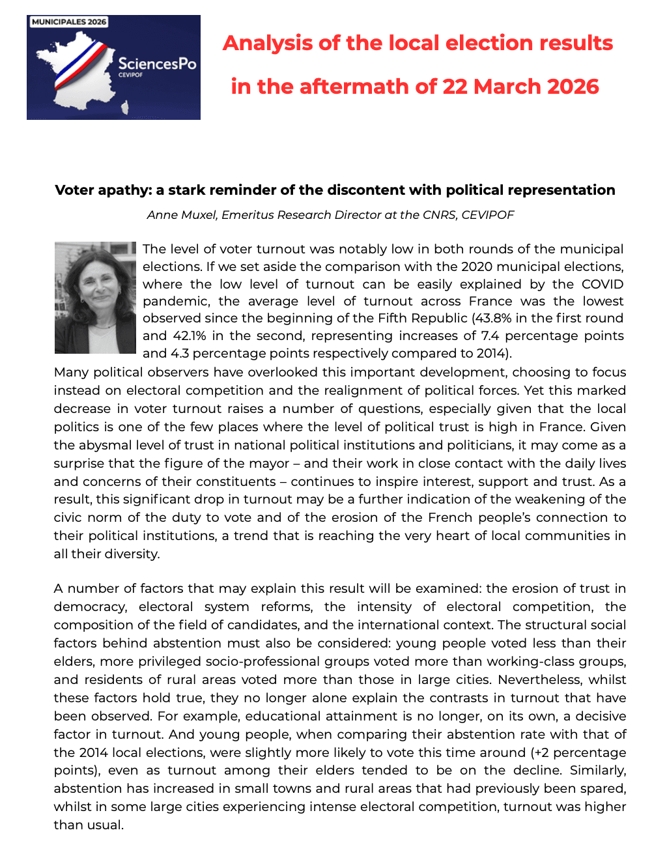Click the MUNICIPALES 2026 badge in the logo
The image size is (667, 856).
[x=68, y=21]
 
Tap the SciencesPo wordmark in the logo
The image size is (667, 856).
[x=157, y=64]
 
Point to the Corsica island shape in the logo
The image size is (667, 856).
[x=125, y=107]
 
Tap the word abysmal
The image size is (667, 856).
[x=104, y=446]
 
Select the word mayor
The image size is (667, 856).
[x=272, y=464]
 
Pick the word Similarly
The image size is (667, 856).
[x=597, y=771]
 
